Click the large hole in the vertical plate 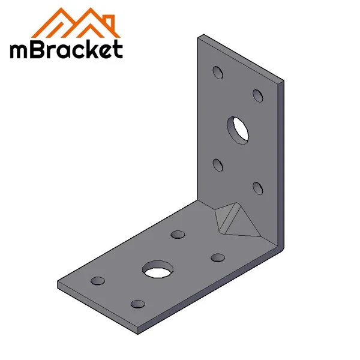coord(238,129)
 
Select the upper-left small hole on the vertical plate coord(218,74)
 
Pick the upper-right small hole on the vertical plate coord(258,95)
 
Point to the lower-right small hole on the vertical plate coord(258,188)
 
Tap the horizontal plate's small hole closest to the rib coord(218,257)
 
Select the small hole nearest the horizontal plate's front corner coord(137,304)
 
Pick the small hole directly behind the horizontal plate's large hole coord(178,235)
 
